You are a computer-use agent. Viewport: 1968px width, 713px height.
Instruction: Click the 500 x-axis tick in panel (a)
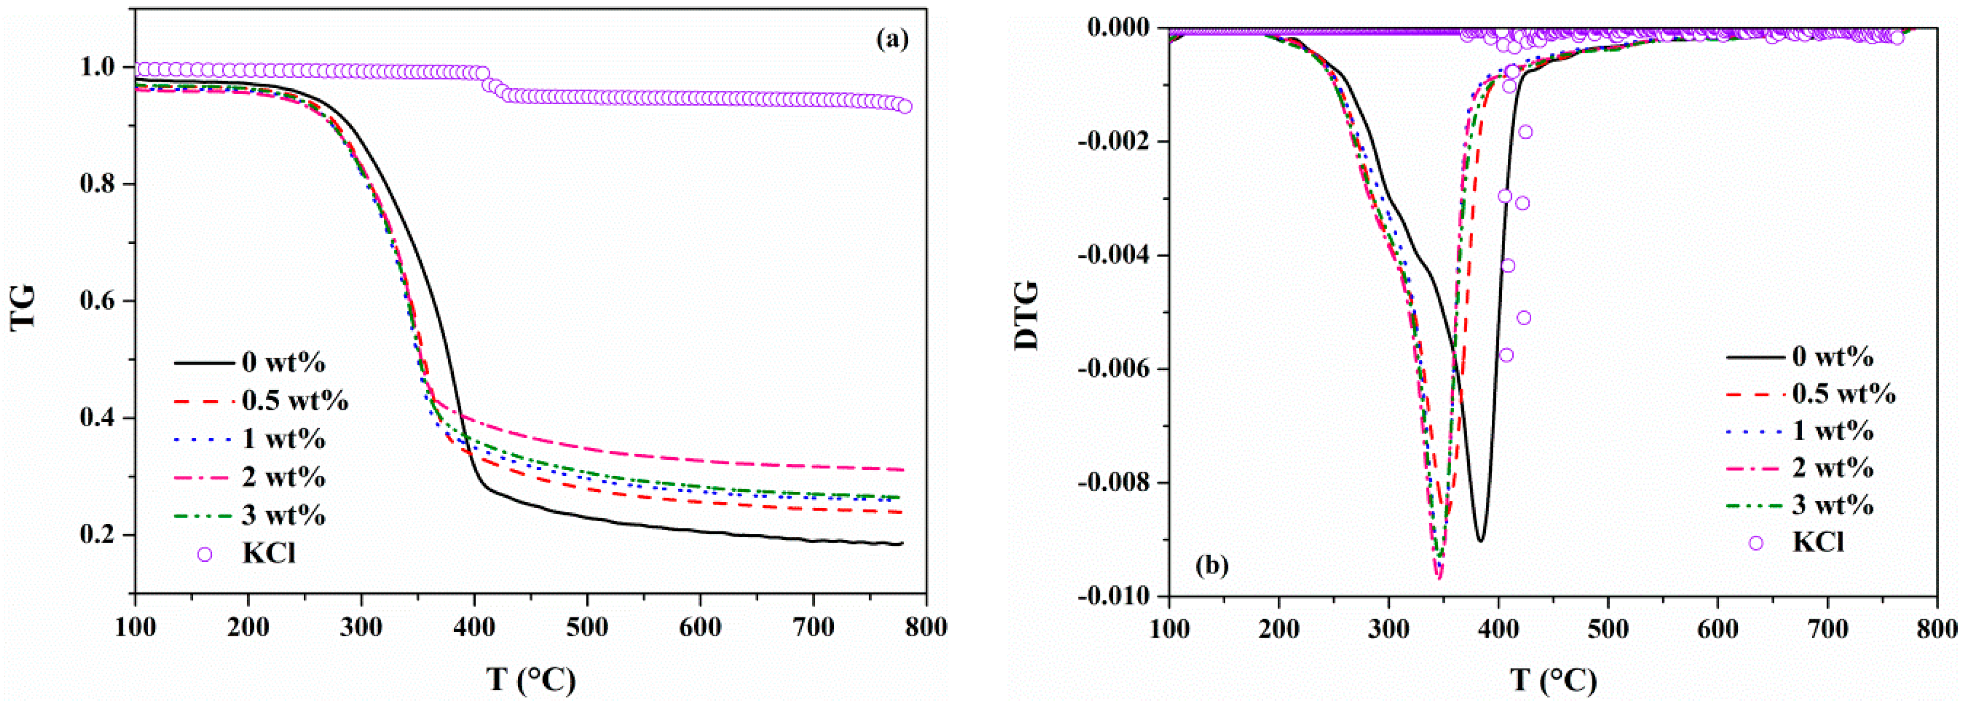click(x=587, y=628)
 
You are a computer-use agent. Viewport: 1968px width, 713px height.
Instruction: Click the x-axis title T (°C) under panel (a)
click(x=530, y=679)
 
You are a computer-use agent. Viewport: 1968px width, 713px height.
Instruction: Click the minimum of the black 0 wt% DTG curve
click(x=1481, y=540)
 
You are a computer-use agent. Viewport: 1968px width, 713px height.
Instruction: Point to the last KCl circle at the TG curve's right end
click(x=904, y=106)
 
